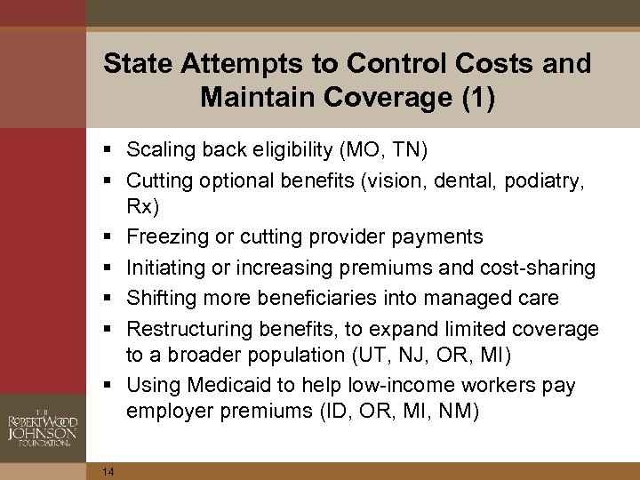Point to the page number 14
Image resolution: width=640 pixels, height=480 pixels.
click(108, 472)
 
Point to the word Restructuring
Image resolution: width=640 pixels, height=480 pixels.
click(189, 329)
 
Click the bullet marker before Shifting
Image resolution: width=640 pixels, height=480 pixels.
click(108, 298)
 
